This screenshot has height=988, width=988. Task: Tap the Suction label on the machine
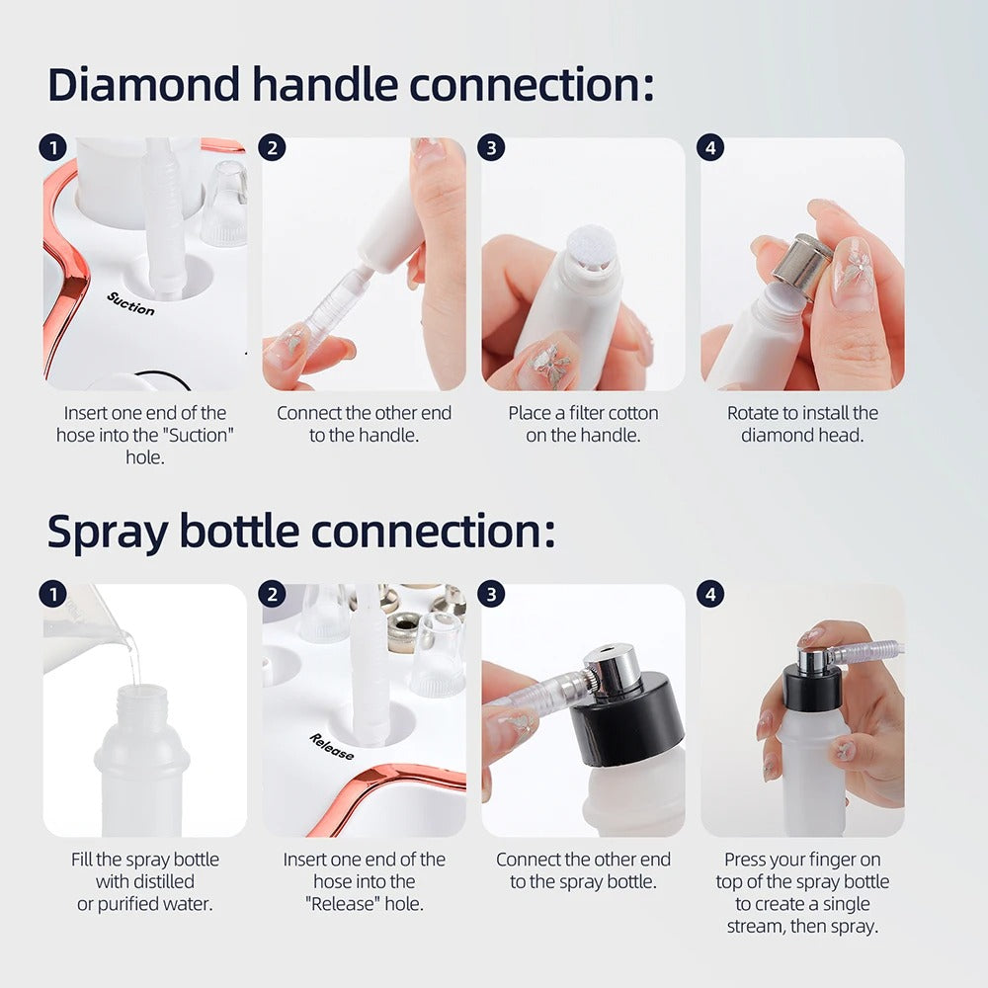(130, 303)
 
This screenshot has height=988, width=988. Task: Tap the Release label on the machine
(331, 747)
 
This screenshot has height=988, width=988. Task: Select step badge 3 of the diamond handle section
(490, 148)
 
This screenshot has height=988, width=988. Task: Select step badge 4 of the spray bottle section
(709, 594)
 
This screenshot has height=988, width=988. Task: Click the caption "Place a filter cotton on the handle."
(583, 424)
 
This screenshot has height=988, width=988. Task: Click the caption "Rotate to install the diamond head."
(802, 424)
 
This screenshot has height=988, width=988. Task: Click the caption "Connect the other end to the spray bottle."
(583, 870)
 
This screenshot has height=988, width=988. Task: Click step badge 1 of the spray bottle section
(51, 594)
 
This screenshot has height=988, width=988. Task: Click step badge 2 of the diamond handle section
(271, 148)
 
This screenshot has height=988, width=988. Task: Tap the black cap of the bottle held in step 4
(812, 688)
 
